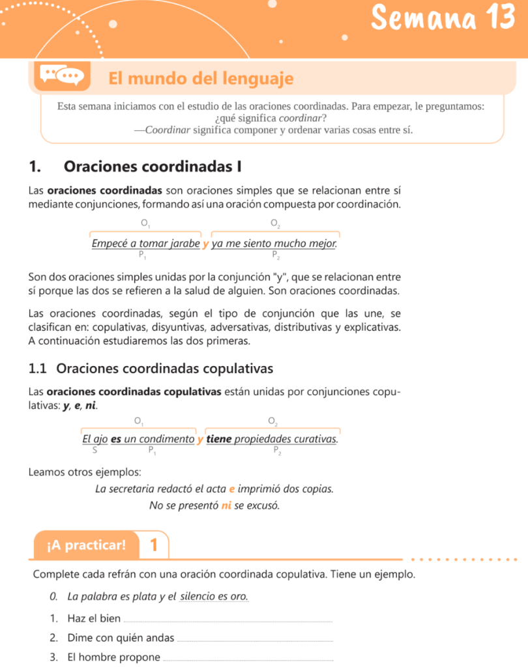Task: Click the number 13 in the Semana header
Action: click(500, 18)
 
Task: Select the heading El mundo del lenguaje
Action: click(201, 79)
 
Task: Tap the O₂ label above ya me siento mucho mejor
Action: click(276, 224)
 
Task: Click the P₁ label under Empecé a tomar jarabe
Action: click(142, 255)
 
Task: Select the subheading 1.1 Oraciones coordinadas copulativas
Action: click(151, 369)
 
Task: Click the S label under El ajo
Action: click(95, 449)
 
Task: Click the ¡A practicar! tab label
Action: click(86, 545)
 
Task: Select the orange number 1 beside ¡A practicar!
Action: click(154, 545)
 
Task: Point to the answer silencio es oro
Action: click(214, 597)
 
